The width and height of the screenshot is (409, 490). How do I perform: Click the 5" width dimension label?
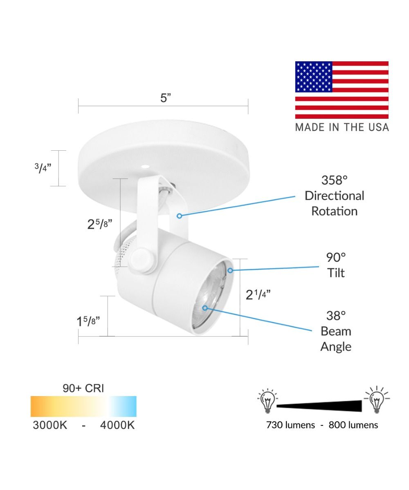[166, 98]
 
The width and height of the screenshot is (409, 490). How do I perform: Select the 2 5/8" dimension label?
[100, 224]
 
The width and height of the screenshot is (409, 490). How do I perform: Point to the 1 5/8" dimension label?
[88, 321]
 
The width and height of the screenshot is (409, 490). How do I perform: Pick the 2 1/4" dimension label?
[258, 295]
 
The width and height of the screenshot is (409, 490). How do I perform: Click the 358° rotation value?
[334, 180]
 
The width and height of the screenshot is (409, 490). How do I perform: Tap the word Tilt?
[336, 273]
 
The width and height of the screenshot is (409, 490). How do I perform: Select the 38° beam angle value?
[336, 316]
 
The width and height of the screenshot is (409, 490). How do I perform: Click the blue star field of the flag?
[314, 77]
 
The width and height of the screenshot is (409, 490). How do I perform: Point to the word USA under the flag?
[378, 127]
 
